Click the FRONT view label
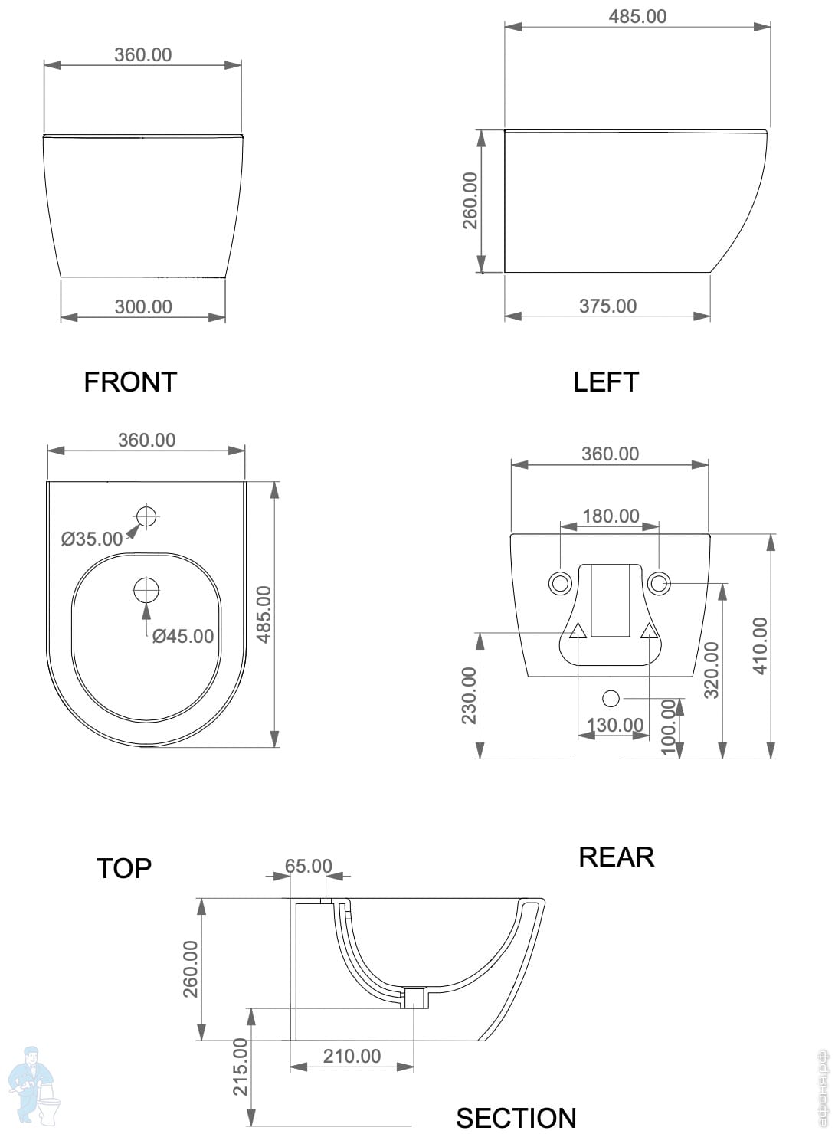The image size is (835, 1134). [x=130, y=382]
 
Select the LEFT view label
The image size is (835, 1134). [x=605, y=382]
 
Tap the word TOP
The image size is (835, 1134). [x=124, y=868]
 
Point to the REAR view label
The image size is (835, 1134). [x=616, y=857]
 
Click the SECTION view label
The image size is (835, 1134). [x=516, y=1118]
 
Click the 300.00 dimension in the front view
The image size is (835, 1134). [x=143, y=306]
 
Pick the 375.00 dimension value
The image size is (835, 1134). [x=607, y=306]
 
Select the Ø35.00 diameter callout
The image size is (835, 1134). [x=92, y=539]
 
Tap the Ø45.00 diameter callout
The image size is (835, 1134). [x=183, y=636]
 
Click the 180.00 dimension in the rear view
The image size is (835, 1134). [x=611, y=516]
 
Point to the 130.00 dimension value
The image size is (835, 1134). [x=614, y=724]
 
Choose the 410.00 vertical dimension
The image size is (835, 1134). [x=760, y=645]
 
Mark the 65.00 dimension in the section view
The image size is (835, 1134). [x=308, y=866]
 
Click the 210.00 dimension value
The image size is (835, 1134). [x=352, y=1056]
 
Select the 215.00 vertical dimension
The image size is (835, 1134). [x=241, y=1066]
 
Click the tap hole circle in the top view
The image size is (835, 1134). [x=146, y=516]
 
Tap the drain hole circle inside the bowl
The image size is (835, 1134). [x=146, y=590]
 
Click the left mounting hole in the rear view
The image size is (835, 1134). [x=560, y=583]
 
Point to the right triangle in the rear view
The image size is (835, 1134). [x=649, y=631]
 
